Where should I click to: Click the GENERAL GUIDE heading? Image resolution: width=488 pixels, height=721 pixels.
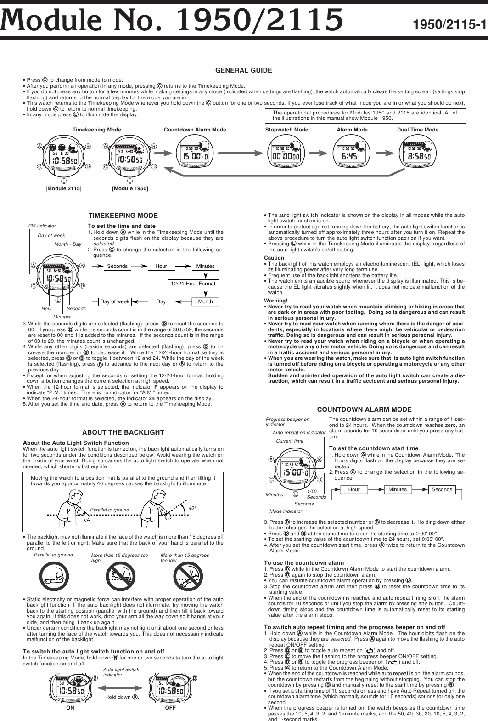tap(244, 70)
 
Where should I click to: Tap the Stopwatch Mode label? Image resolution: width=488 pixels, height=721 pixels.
tap(286, 130)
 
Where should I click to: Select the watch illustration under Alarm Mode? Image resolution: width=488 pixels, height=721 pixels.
tap(352, 156)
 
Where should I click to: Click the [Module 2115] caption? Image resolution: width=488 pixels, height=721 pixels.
tap(63, 189)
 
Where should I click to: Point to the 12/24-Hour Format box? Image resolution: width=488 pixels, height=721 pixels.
tap(193, 284)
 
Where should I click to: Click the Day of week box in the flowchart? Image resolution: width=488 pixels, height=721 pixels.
tap(115, 301)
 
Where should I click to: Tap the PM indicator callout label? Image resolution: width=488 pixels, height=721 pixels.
tap(42, 226)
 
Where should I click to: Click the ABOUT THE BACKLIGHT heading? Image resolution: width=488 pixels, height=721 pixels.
tap(123, 432)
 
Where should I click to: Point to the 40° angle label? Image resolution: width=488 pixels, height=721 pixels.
tap(192, 508)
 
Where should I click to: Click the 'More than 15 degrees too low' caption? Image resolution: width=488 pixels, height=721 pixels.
tap(185, 558)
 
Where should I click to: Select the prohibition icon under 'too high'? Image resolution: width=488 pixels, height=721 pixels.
tap(119, 578)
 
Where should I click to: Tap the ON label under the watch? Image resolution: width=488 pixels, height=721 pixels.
tap(70, 708)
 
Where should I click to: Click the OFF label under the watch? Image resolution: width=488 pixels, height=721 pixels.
tap(170, 708)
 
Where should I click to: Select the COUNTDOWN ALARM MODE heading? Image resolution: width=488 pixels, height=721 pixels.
tap(365, 409)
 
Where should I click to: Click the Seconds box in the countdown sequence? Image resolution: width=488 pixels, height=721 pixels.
tap(442, 489)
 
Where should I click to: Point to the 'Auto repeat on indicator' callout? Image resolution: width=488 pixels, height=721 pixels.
tap(299, 433)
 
